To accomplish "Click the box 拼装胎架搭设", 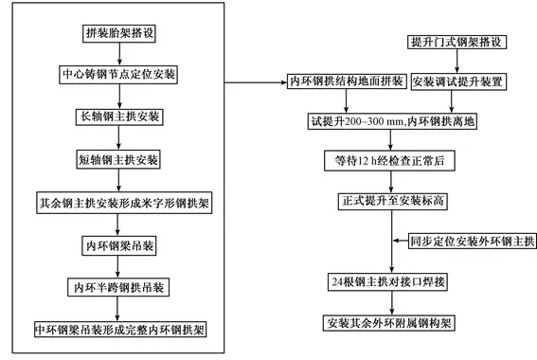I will [x=118, y=32].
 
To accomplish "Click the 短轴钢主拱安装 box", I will [x=118, y=158].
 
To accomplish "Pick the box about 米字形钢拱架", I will [x=118, y=202].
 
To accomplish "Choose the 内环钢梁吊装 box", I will [x=118, y=243].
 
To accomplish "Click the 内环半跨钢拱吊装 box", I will [x=118, y=286].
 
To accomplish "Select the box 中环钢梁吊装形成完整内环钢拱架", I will [x=119, y=329].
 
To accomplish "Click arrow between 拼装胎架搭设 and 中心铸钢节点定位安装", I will [x=118, y=53].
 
